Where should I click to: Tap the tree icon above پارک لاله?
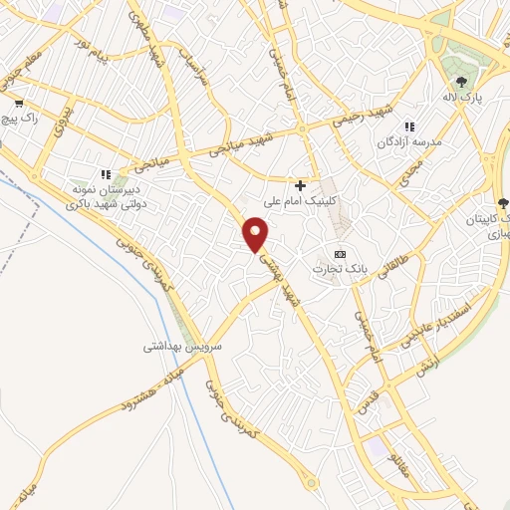point(460,82)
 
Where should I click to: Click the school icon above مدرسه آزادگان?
point(408,127)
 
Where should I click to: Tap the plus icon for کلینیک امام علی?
point(300,184)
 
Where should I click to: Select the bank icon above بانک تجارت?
point(339,254)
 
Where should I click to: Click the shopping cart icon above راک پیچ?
point(18,103)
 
